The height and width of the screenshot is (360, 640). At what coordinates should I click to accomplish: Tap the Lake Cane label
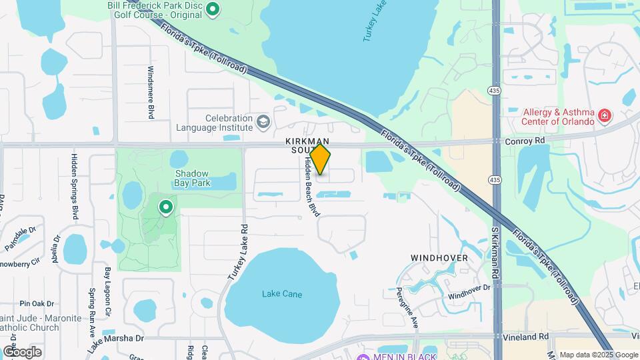pyautogui.click(x=280, y=293)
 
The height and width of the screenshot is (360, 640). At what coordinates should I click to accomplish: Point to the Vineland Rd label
pyautogui.click(x=527, y=337)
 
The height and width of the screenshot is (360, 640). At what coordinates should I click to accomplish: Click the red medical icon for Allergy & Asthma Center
pyautogui.click(x=605, y=116)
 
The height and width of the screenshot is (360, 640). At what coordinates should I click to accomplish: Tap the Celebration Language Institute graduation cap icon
pyautogui.click(x=263, y=122)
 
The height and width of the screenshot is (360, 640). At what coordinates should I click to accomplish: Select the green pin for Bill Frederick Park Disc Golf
pyautogui.click(x=213, y=9)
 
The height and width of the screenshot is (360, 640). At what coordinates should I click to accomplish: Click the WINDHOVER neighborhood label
pyautogui.click(x=439, y=257)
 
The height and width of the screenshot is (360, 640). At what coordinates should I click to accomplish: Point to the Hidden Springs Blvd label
pyautogui.click(x=75, y=187)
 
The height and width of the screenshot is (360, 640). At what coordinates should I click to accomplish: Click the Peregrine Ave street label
pyautogui.click(x=415, y=310)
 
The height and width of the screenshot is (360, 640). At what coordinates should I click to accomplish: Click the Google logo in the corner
pyautogui.click(x=22, y=351)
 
